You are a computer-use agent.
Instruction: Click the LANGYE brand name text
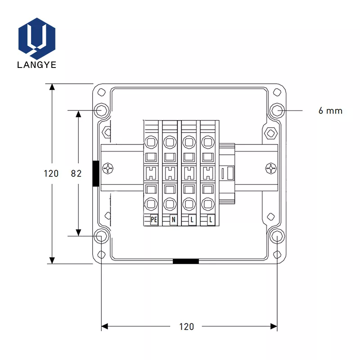pyautogui.click(x=37, y=65)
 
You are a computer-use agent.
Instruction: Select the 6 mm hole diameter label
pyautogui.click(x=330, y=111)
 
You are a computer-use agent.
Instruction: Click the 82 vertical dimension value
pyautogui.click(x=76, y=174)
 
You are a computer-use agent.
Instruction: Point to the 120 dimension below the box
pyautogui.click(x=186, y=327)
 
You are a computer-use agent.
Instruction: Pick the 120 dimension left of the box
pyautogui.click(x=51, y=174)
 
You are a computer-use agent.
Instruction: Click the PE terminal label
pyautogui.click(x=154, y=220)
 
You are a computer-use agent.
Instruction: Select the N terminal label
pyautogui.click(x=173, y=220)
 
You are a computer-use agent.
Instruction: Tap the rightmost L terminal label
pyautogui.click(x=211, y=220)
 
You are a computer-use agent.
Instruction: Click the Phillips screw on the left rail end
pyautogui.click(x=108, y=168)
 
